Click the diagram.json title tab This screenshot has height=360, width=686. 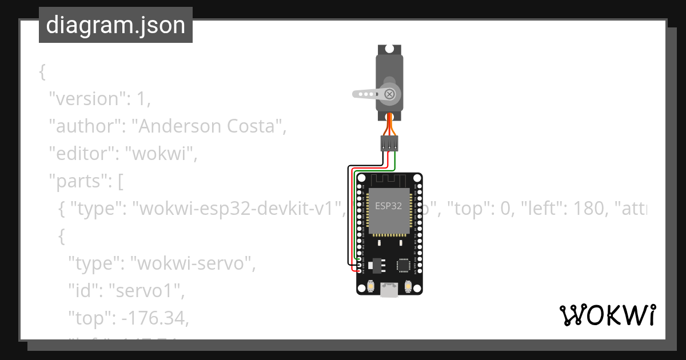[115, 25]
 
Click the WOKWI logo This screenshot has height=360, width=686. [607, 315]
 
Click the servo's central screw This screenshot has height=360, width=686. [390, 94]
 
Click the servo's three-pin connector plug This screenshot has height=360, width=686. [390, 143]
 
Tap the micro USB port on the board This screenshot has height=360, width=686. [390, 290]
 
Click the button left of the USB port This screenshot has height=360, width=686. [371, 285]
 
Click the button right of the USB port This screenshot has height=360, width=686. [408, 285]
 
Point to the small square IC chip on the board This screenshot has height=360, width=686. [404, 265]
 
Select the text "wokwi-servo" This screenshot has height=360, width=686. [192, 264]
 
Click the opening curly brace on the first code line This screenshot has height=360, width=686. [42, 72]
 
